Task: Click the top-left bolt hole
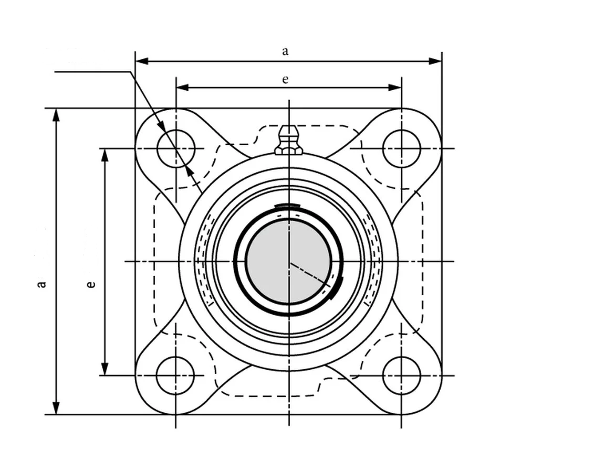pos(176,148)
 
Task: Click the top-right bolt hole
pos(402,148)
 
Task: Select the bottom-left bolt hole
pos(176,376)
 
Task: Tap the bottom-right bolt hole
pos(402,376)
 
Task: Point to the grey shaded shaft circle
pos(289,262)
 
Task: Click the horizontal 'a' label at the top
pos(285,51)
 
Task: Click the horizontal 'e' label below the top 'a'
pos(285,79)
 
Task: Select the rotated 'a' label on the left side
pos(41,284)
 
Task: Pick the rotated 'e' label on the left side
pos(91,284)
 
